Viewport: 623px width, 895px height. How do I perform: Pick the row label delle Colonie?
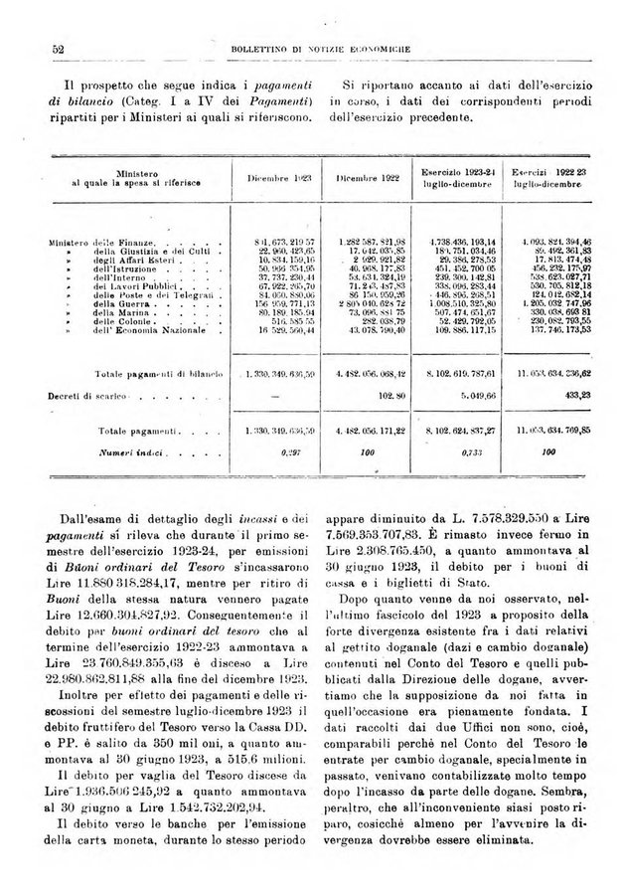[117, 326]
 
